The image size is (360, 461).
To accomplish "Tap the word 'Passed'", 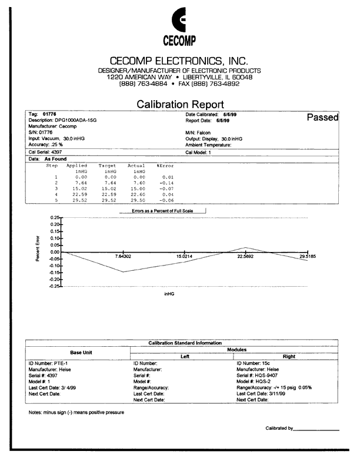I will point(323,117).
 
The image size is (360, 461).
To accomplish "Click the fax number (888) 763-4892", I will point(211,84).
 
